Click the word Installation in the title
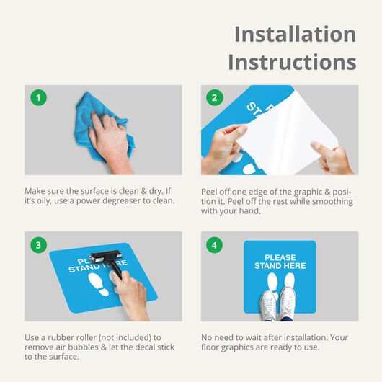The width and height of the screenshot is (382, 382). coord(296,35)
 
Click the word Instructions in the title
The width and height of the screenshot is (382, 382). coord(292,62)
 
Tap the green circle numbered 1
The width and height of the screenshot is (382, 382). coord(38,98)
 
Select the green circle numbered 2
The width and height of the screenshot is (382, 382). coord(215,98)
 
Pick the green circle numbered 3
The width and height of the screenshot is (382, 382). coord(38,245)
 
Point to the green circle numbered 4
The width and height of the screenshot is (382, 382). coord(215,245)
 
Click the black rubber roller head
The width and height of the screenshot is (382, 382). coord(106,257)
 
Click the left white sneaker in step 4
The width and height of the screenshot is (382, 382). coord(268,306)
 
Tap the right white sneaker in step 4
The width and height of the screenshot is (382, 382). coord(288,303)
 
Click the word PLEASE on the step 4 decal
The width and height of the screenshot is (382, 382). coord(280,257)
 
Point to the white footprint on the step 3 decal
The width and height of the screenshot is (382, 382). coord(98,284)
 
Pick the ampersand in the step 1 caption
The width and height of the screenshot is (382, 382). coord(143,191)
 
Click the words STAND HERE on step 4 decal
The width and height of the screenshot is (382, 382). coord(280,266)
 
